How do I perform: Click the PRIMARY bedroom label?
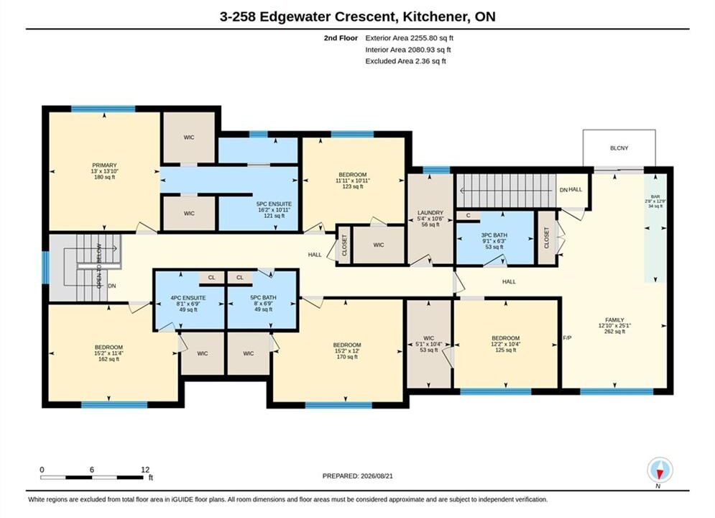click(x=104, y=165)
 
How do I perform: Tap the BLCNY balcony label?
click(x=619, y=148)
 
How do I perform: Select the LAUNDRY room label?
click(x=430, y=213)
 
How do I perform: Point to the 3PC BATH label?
click(x=494, y=235)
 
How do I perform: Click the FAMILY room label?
click(x=614, y=320)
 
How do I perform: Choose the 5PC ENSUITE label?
click(x=274, y=204)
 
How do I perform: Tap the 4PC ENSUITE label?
click(x=188, y=298)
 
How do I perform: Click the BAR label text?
click(x=655, y=196)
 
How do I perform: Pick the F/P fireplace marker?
click(x=567, y=338)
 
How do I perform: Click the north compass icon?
click(x=660, y=470)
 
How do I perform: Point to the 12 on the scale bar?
click(x=145, y=470)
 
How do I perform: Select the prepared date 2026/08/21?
click(x=377, y=476)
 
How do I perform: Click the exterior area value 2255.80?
click(x=425, y=38)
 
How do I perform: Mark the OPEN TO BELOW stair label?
click(x=99, y=266)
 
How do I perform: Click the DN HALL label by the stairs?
click(x=571, y=189)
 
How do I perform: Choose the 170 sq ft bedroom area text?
click(x=347, y=357)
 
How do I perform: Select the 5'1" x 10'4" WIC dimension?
click(x=428, y=344)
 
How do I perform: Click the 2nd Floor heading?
click(x=341, y=38)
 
